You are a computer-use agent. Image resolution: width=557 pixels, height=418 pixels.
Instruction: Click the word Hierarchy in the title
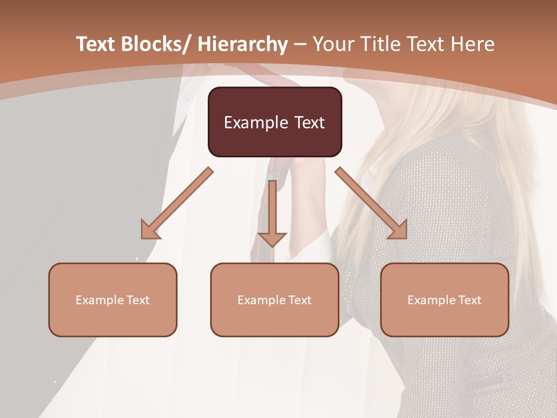click(x=243, y=44)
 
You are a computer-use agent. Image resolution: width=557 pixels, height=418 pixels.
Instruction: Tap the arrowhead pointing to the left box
click(x=150, y=230)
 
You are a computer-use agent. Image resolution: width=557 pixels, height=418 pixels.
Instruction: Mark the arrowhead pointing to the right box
click(x=399, y=230)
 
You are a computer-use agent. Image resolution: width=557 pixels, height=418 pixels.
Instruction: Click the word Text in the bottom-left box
click(x=137, y=300)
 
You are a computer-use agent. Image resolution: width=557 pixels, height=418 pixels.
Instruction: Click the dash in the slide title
click(x=300, y=44)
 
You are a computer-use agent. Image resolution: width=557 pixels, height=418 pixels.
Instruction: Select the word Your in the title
click(x=332, y=44)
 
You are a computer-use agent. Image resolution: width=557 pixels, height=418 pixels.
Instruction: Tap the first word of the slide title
click(x=96, y=44)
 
